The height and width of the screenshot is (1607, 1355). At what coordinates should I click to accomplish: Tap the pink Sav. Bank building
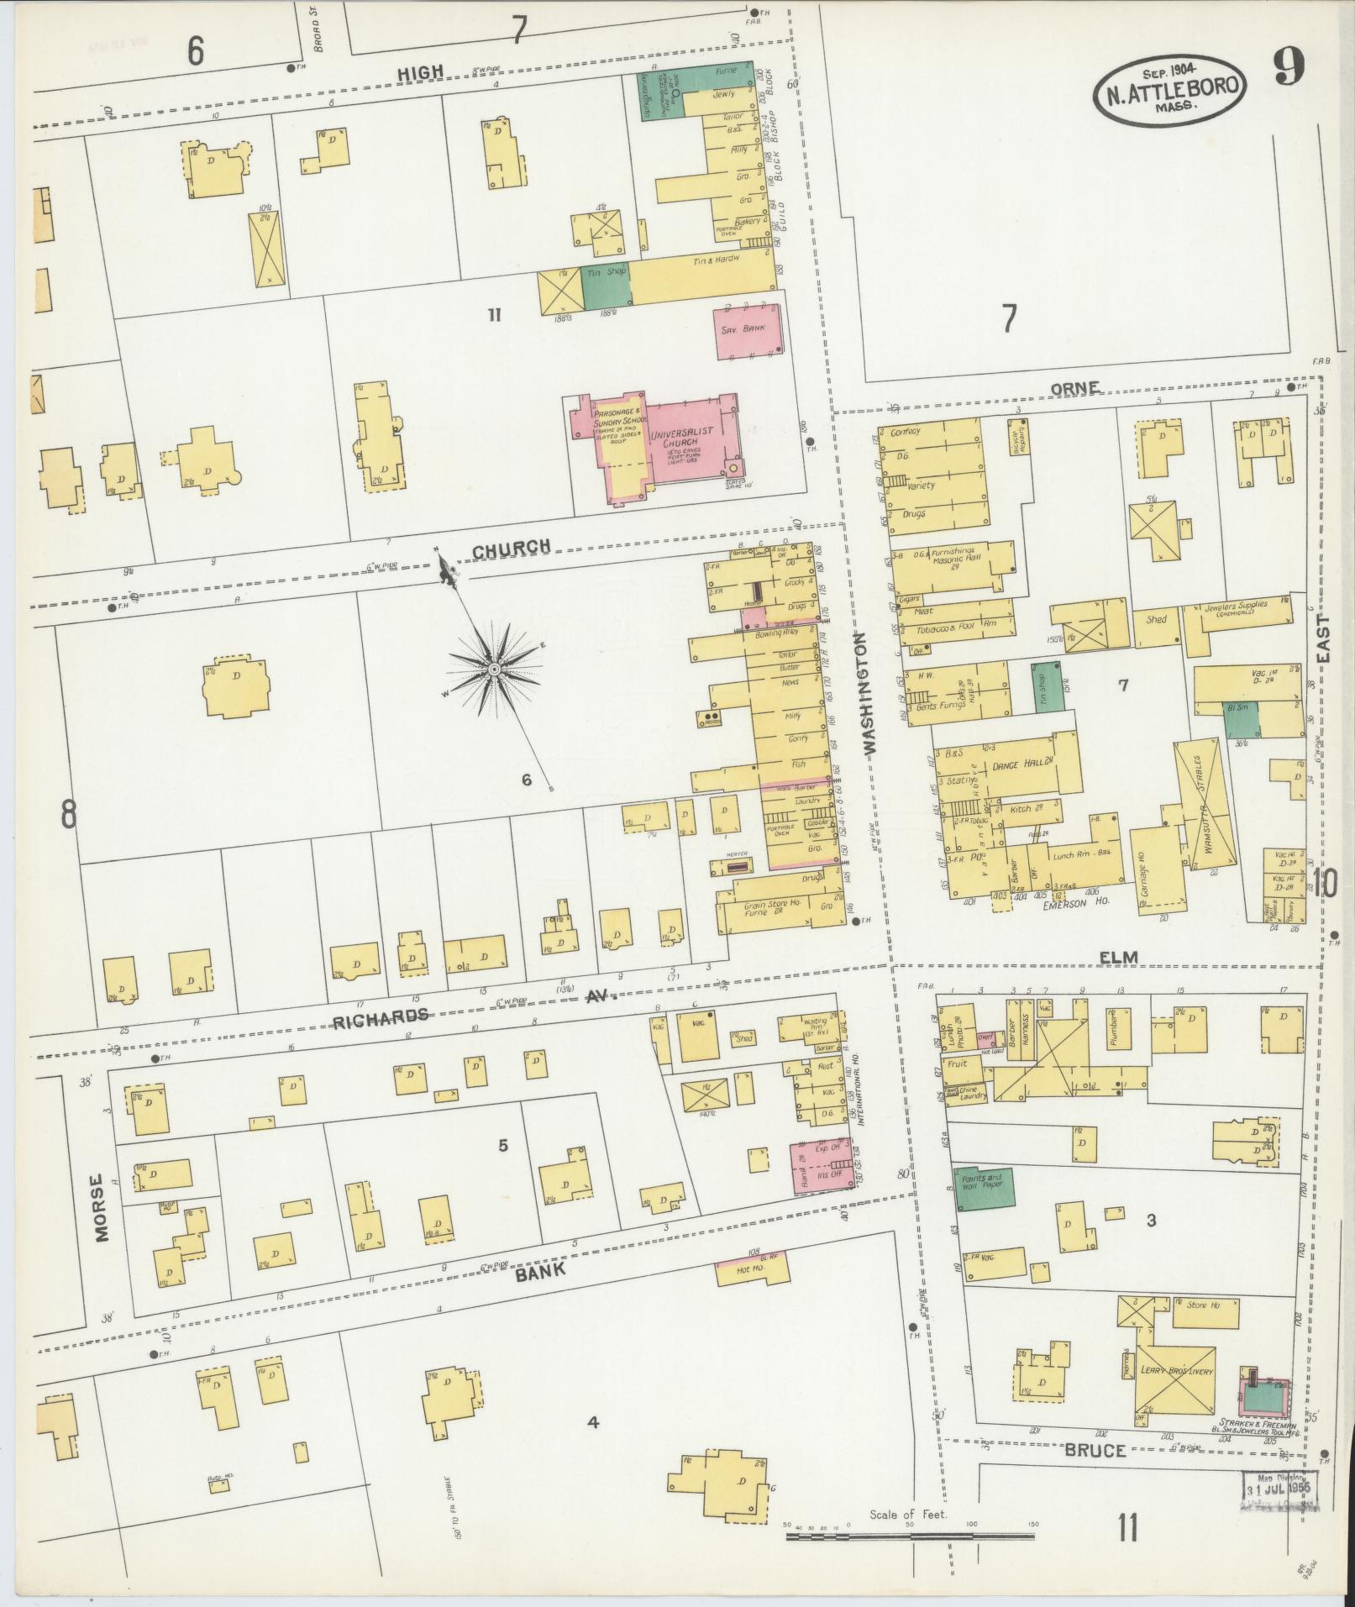point(748,330)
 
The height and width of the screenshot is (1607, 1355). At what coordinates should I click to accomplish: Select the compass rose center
point(494,669)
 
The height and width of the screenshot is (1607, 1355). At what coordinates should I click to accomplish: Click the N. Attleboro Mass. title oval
point(1169,87)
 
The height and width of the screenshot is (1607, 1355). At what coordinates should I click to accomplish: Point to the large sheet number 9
point(1288,67)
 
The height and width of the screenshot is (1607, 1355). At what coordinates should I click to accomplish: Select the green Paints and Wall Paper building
point(983,1188)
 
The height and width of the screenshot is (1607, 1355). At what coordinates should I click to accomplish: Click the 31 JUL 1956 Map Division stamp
point(1280,1490)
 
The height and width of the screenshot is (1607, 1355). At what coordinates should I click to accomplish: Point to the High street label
point(421,73)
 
